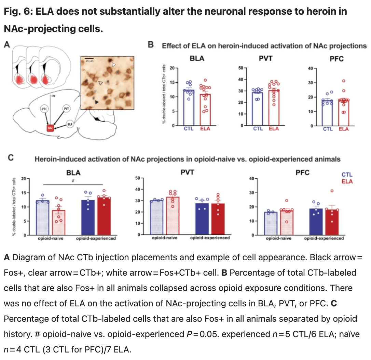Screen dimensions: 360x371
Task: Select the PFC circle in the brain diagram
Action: point(44,109)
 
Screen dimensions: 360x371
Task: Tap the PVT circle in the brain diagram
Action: point(66,109)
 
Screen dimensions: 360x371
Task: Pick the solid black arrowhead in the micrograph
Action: point(98,102)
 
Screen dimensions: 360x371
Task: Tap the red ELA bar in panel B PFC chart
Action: point(344,113)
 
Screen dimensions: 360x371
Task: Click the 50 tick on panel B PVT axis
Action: point(240,68)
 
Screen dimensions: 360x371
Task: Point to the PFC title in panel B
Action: point(336,58)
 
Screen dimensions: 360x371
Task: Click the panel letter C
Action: point(11,158)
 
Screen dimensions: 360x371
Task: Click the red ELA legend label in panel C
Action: point(347,181)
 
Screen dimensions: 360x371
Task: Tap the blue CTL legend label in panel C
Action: point(347,175)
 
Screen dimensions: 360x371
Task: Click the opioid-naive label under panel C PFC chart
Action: point(278,238)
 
